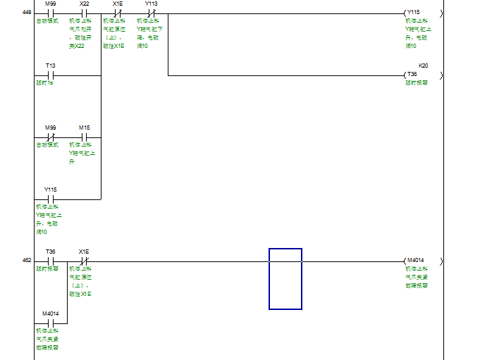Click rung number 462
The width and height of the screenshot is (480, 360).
coord(27,261)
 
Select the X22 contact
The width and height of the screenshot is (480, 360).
coord(84,13)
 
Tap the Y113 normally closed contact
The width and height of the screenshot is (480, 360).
coord(151,13)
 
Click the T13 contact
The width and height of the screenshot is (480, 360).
coord(50,75)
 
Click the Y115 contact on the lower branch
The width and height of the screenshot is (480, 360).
coord(50,199)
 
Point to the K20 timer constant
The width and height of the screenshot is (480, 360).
coord(423,66)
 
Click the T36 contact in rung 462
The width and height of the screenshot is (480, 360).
coord(50,261)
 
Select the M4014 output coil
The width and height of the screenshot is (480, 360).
coord(415,261)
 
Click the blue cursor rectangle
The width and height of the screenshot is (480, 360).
coord(285,278)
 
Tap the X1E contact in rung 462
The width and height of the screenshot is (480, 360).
coord(84,261)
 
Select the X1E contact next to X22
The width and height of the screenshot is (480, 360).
coord(118,13)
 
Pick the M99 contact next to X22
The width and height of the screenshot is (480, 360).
coord(50,13)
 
